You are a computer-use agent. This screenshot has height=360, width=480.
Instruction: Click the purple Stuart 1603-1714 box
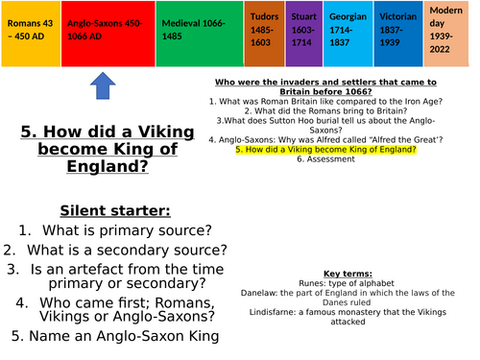point(304,34)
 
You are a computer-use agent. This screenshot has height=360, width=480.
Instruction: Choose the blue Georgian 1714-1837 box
point(347,34)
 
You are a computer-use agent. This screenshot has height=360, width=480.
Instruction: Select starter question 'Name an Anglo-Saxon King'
point(122,336)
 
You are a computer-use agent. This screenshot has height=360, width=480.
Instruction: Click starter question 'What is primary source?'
point(122,230)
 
